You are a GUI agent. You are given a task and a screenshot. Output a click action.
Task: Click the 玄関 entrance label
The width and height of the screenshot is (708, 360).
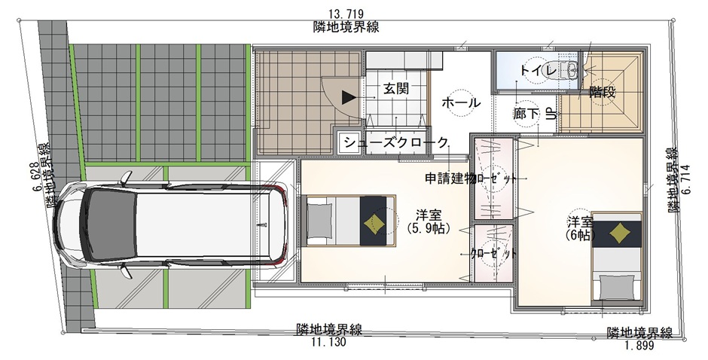[x=396, y=89]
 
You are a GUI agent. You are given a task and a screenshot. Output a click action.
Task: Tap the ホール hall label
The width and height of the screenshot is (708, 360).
[x=460, y=103]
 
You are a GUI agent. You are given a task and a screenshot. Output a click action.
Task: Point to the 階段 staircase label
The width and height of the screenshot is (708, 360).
[x=603, y=92]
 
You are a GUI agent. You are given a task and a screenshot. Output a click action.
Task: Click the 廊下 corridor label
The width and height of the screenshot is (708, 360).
[x=526, y=114]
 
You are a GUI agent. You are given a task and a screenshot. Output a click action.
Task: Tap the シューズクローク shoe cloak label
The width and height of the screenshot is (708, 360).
[x=395, y=143]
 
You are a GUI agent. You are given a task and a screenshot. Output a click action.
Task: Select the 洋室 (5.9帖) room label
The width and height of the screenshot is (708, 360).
[x=429, y=221]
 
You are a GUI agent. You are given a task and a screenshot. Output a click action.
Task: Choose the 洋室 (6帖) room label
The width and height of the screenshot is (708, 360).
[x=580, y=228]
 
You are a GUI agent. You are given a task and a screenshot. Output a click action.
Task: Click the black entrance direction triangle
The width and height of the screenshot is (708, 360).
[x=349, y=97]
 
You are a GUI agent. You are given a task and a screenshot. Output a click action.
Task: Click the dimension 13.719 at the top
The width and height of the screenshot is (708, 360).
[x=346, y=14]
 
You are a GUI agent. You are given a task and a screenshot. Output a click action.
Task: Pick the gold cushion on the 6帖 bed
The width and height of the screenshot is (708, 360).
[x=618, y=233]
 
